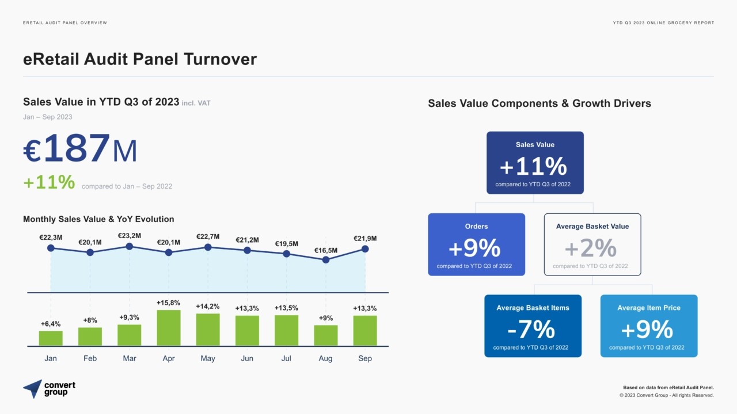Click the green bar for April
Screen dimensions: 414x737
(168, 328)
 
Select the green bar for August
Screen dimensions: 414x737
(325, 335)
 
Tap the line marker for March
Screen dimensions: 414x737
(130, 246)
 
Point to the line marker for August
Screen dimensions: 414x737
(326, 259)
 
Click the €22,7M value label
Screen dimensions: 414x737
(208, 236)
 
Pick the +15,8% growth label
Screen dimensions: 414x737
(168, 302)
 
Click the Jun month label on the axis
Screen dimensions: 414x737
(247, 358)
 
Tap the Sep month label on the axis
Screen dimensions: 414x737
(365, 358)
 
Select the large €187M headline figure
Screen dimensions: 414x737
(80, 149)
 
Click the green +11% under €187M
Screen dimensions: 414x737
(49, 182)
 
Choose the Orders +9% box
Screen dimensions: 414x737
(476, 244)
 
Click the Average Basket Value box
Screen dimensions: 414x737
(592, 244)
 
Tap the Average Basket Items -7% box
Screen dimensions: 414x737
(533, 326)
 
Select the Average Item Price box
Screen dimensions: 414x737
(648, 326)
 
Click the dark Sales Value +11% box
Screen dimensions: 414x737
(535, 163)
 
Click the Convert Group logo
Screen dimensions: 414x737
(50, 389)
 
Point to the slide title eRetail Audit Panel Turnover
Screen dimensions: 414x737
(140, 59)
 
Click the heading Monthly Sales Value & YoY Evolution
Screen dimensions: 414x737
(98, 219)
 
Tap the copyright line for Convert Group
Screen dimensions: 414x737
(666, 396)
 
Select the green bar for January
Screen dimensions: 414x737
(51, 338)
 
